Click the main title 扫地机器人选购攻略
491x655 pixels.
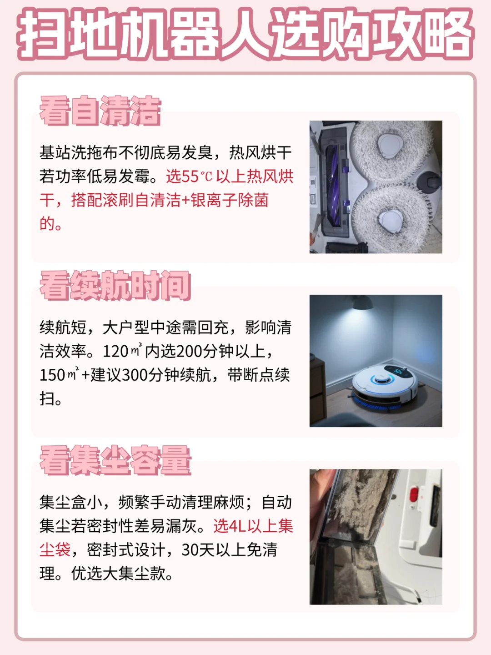[x=245, y=34]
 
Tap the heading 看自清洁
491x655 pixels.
[x=100, y=111]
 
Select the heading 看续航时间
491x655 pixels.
[x=115, y=286]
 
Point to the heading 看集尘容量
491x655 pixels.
[x=115, y=460]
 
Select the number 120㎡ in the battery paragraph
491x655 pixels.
[x=122, y=351]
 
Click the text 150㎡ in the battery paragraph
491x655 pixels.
[x=59, y=375]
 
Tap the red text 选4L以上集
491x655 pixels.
[x=253, y=526]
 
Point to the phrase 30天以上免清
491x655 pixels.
[x=229, y=550]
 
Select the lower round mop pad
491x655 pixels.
[x=391, y=217]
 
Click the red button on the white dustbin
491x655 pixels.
[x=413, y=494]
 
